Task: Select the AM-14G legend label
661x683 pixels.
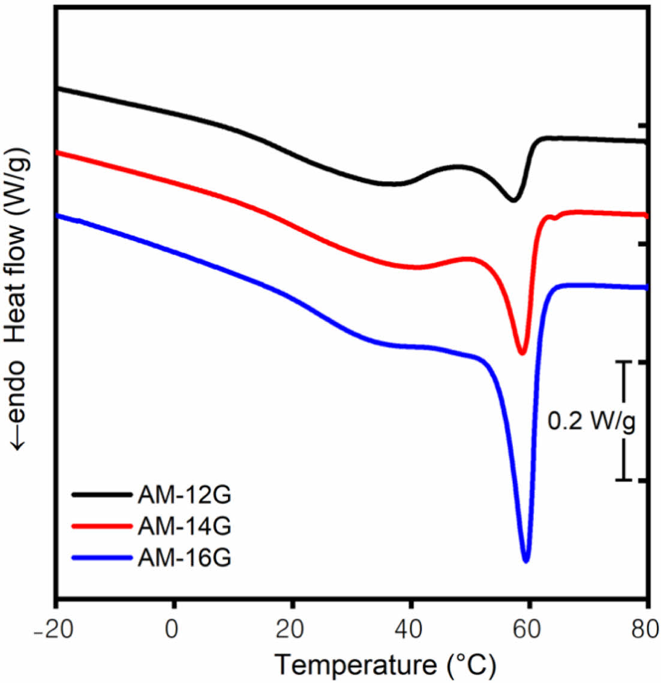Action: pos(184,526)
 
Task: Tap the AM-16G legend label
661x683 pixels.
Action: pos(184,558)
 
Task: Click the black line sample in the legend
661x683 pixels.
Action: pos(101,495)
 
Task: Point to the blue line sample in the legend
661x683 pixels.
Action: pos(101,558)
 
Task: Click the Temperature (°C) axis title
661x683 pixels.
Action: pos(386,664)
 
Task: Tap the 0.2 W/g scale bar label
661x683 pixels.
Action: pos(591,422)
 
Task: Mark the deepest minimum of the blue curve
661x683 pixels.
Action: pos(526,561)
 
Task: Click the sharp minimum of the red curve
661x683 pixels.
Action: pos(522,353)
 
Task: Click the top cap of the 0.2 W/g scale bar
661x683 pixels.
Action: pos(624,362)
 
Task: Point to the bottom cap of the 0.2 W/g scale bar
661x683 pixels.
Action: pos(624,480)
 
